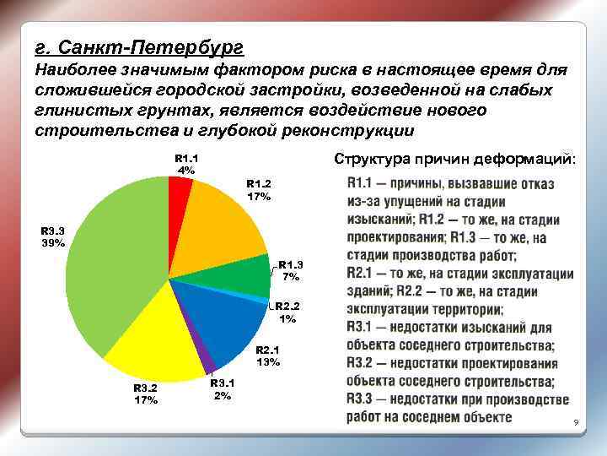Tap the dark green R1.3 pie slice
244,277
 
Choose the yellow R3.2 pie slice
156,338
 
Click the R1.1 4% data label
185,164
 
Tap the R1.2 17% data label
259,190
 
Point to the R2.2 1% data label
288,313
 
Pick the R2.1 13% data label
267,356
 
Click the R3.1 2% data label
222,389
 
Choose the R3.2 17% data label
146,394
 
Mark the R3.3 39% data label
53,236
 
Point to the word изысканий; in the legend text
387,219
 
